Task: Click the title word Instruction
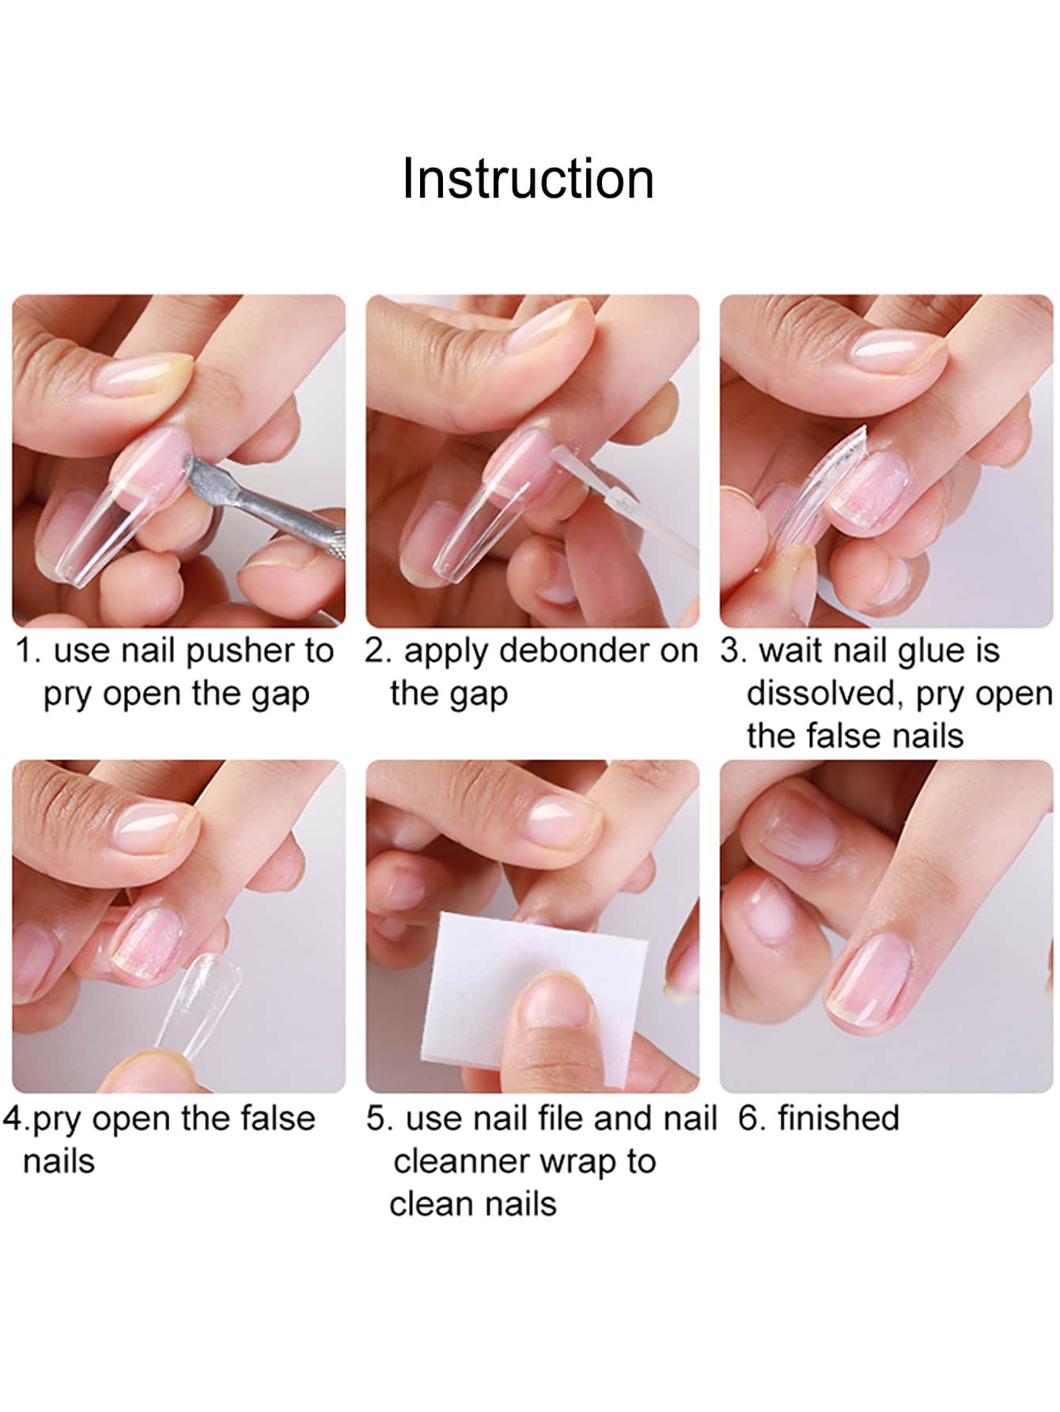[528, 179]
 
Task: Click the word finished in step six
[838, 1119]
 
